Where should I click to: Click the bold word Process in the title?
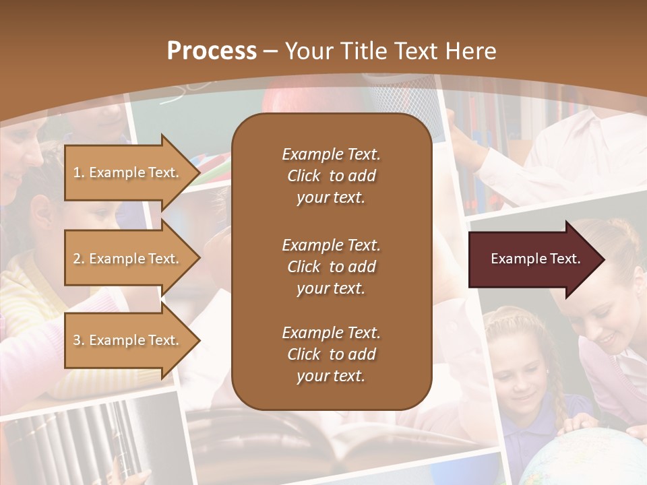[212, 51]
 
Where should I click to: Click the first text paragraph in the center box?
[331, 176]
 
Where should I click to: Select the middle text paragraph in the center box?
[331, 267]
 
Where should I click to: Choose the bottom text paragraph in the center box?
[331, 354]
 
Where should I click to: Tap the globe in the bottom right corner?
[586, 458]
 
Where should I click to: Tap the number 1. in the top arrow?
[79, 172]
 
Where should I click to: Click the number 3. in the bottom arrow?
[79, 340]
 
